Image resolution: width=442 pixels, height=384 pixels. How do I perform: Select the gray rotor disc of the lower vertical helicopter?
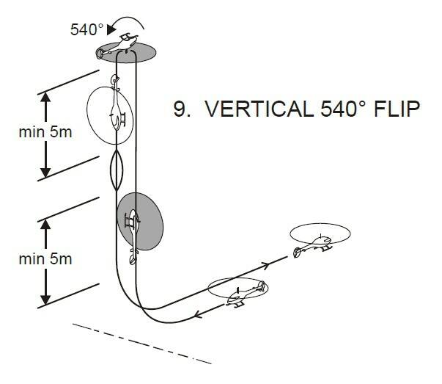(140, 220)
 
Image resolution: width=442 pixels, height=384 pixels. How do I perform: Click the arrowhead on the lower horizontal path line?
(200, 316)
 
